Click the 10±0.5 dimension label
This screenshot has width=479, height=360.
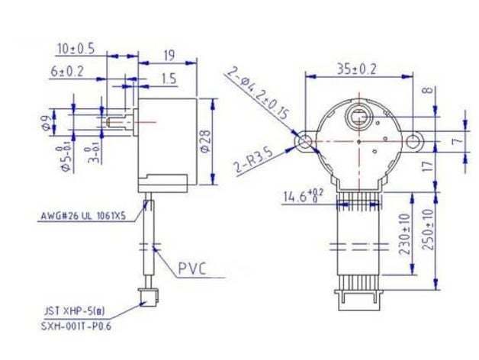(x=76, y=48)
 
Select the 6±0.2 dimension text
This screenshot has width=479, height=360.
(x=68, y=70)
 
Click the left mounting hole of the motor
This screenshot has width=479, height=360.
(x=305, y=141)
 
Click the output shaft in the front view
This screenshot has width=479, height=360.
(x=358, y=119)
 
